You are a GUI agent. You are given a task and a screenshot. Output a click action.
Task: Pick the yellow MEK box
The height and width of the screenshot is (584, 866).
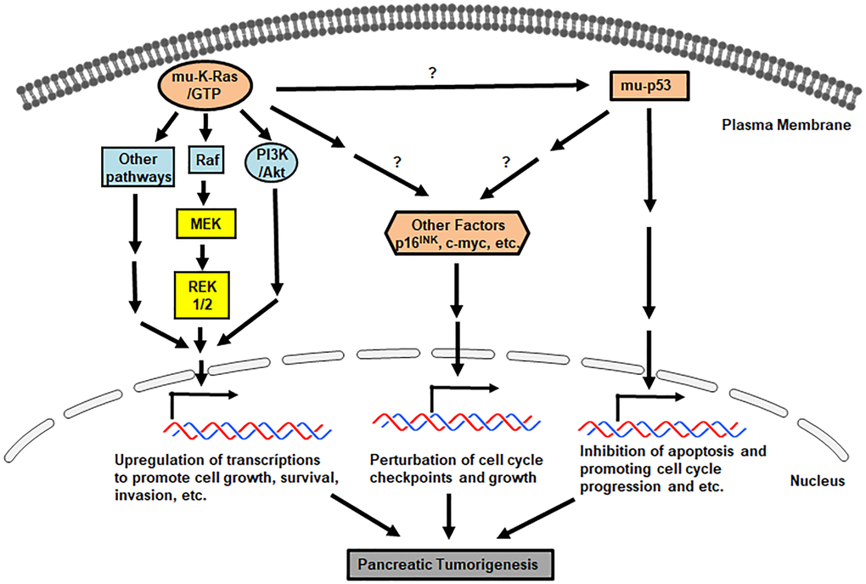203,225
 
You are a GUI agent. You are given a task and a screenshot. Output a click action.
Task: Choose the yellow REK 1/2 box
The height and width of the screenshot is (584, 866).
203,294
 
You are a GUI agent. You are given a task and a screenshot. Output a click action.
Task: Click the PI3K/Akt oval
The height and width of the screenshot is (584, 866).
272,162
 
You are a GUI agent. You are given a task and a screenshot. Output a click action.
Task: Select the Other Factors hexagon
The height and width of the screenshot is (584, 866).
458,231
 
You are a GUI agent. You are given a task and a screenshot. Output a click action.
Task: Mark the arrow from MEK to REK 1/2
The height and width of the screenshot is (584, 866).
203,257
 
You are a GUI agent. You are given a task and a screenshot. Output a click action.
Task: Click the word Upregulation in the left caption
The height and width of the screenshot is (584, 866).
153,461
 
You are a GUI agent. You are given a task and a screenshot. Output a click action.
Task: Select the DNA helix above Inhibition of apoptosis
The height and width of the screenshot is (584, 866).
660,424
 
